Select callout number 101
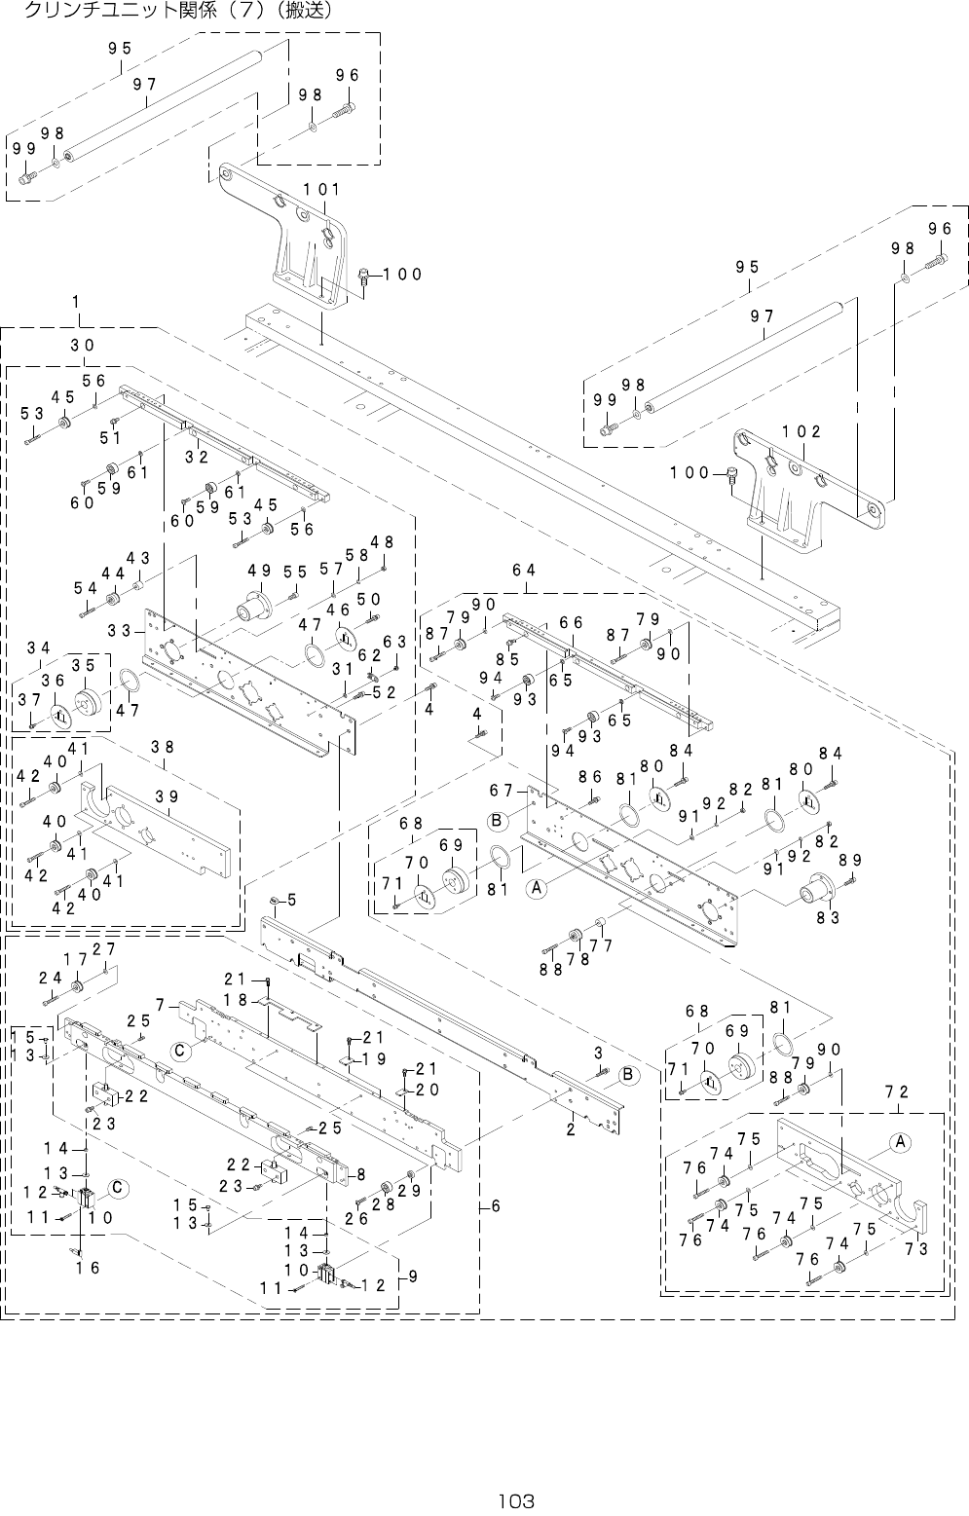tap(321, 189)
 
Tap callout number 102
tap(801, 431)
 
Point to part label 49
tap(259, 570)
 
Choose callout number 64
tap(525, 570)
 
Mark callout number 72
tap(897, 1092)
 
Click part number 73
tap(916, 1249)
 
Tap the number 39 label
tap(167, 795)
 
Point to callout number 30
tap(83, 346)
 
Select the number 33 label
tap(120, 630)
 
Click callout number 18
tap(235, 1000)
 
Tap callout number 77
tap(601, 945)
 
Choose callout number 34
tap(39, 648)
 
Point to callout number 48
tap(383, 542)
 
